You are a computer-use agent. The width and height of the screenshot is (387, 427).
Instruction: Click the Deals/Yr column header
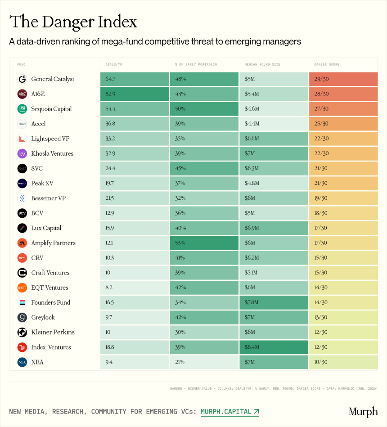(114, 64)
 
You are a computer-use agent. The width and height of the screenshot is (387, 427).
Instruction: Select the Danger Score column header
(327, 64)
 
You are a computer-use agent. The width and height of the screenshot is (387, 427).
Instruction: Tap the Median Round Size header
(262, 64)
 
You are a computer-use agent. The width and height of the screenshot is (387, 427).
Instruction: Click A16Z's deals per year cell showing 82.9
(135, 94)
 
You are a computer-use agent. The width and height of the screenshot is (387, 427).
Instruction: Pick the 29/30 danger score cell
(343, 79)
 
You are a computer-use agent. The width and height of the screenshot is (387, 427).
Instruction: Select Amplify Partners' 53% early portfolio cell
(204, 243)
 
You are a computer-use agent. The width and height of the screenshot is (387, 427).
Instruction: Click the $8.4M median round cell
(274, 347)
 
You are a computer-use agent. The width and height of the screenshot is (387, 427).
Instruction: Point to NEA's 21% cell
(204, 362)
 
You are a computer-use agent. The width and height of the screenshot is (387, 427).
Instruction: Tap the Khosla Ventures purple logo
(22, 153)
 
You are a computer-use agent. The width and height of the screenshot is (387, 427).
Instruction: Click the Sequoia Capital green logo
(22, 109)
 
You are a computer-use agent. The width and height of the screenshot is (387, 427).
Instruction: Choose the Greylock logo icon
(22, 318)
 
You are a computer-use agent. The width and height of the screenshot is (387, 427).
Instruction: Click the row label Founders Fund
(51, 302)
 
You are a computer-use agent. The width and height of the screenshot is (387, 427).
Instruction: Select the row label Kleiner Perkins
(53, 332)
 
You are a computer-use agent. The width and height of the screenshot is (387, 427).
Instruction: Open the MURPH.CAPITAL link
(229, 412)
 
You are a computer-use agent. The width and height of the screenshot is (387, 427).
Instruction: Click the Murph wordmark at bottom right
(363, 412)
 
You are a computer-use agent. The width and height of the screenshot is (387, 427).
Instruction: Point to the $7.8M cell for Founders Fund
(274, 302)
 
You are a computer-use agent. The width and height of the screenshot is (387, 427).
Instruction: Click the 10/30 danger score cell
(343, 362)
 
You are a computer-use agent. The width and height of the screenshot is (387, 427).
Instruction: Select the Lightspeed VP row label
(50, 139)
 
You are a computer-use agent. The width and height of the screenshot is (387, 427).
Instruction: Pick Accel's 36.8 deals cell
(135, 124)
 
